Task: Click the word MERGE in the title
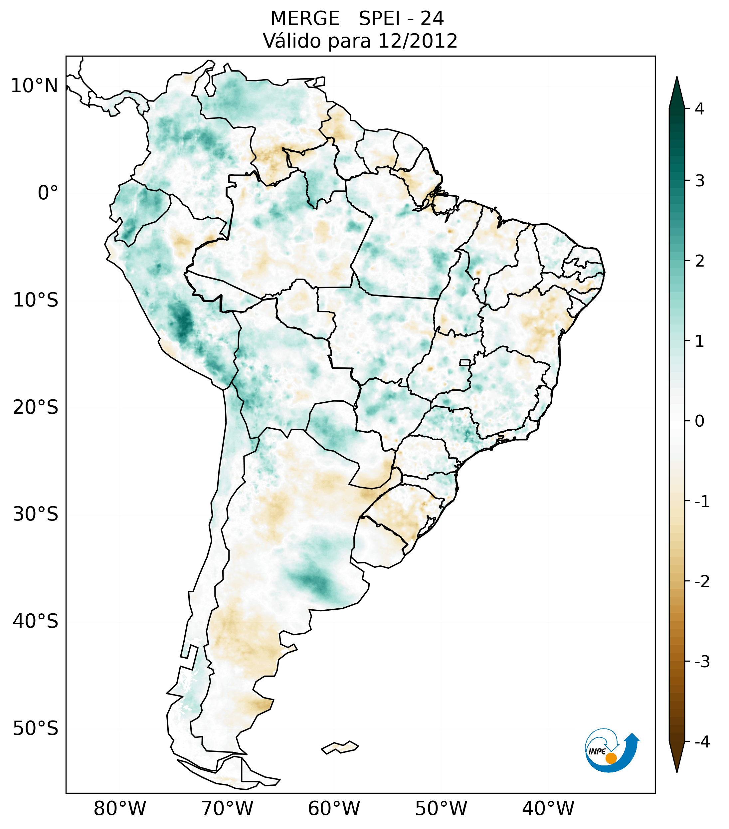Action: coord(305,19)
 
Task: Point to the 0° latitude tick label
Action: coord(48,193)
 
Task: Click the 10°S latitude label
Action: coord(36,300)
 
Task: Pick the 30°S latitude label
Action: coord(36,514)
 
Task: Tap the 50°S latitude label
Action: coord(36,728)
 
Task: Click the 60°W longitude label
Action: coord(334,808)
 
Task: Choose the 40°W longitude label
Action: coord(548,808)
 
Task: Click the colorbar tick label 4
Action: coord(699,109)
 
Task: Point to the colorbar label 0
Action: coord(699,421)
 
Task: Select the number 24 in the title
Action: coord(432,19)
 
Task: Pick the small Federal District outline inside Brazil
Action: coord(465,362)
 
